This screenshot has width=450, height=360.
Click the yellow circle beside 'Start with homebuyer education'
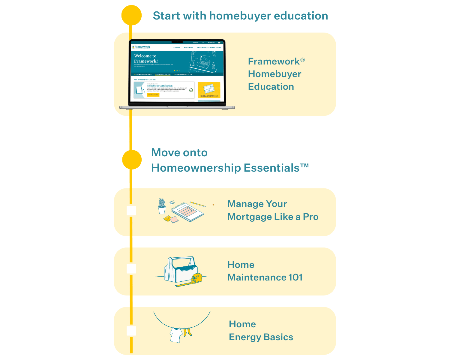click(131, 15)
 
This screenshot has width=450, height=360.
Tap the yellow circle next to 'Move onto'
click(132, 160)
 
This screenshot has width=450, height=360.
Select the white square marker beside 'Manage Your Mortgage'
click(131, 211)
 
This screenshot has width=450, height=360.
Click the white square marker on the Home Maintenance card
click(131, 269)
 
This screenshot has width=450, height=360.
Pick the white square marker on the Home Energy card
click(131, 331)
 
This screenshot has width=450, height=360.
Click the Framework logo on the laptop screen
click(141, 47)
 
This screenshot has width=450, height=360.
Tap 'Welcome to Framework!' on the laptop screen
click(146, 58)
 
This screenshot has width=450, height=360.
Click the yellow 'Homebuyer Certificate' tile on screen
click(209, 90)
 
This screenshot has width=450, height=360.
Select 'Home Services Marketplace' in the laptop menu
click(209, 47)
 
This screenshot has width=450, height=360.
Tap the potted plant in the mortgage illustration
click(162, 206)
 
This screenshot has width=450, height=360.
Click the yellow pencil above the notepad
click(197, 204)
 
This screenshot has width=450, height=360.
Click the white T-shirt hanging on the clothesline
click(176, 335)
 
